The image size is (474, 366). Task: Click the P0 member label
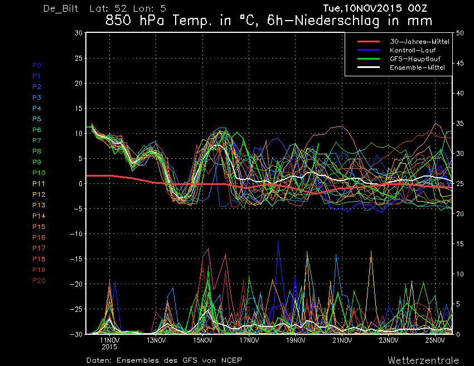click(37, 65)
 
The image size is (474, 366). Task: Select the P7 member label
click(37, 140)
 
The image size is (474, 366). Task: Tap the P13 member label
click(38, 205)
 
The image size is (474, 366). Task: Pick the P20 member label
click(38, 281)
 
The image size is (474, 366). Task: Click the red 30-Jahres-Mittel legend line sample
click(369, 41)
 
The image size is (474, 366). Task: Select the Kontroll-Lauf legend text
click(413, 50)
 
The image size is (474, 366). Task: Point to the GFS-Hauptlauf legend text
click(415, 59)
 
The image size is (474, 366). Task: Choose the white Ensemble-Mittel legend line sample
click(369, 67)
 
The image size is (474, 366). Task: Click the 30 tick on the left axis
click(79, 33)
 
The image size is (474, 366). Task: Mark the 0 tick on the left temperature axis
click(80, 184)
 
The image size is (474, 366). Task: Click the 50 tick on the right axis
click(460, 33)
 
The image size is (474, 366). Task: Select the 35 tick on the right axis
click(460, 124)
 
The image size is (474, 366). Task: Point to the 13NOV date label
click(156, 340)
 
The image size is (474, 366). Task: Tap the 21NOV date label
click(342, 340)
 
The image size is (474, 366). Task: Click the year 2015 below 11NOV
click(109, 347)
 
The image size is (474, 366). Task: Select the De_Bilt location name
click(61, 8)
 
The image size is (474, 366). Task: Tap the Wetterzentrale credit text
click(423, 360)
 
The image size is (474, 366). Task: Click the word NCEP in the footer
click(231, 360)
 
